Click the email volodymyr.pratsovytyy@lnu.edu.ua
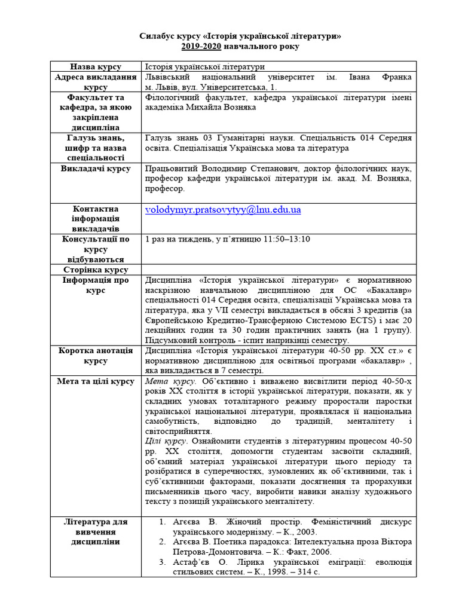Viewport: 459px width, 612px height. (x=223, y=210)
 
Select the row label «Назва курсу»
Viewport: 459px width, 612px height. (x=96, y=67)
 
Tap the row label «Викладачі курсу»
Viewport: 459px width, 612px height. (x=96, y=169)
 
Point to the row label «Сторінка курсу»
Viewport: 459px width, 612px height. (x=96, y=270)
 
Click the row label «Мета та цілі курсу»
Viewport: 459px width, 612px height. (x=96, y=381)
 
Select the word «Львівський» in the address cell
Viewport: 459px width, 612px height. (x=169, y=78)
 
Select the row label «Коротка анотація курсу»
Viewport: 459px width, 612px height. (x=96, y=356)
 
